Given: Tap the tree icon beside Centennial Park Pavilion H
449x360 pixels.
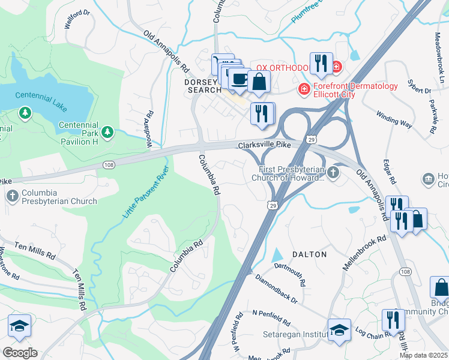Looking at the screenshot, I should (107, 131).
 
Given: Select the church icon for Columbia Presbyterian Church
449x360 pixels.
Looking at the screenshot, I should (12, 196).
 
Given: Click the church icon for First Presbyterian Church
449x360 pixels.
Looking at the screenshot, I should (333, 173).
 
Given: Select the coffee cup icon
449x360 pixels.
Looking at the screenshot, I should (240, 79).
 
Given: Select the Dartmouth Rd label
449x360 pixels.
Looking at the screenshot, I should (290, 274).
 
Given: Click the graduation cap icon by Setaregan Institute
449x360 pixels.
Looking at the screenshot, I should (339, 330).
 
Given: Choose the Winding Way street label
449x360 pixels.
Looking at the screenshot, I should (394, 119).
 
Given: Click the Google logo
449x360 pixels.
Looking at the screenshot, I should (20, 352).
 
